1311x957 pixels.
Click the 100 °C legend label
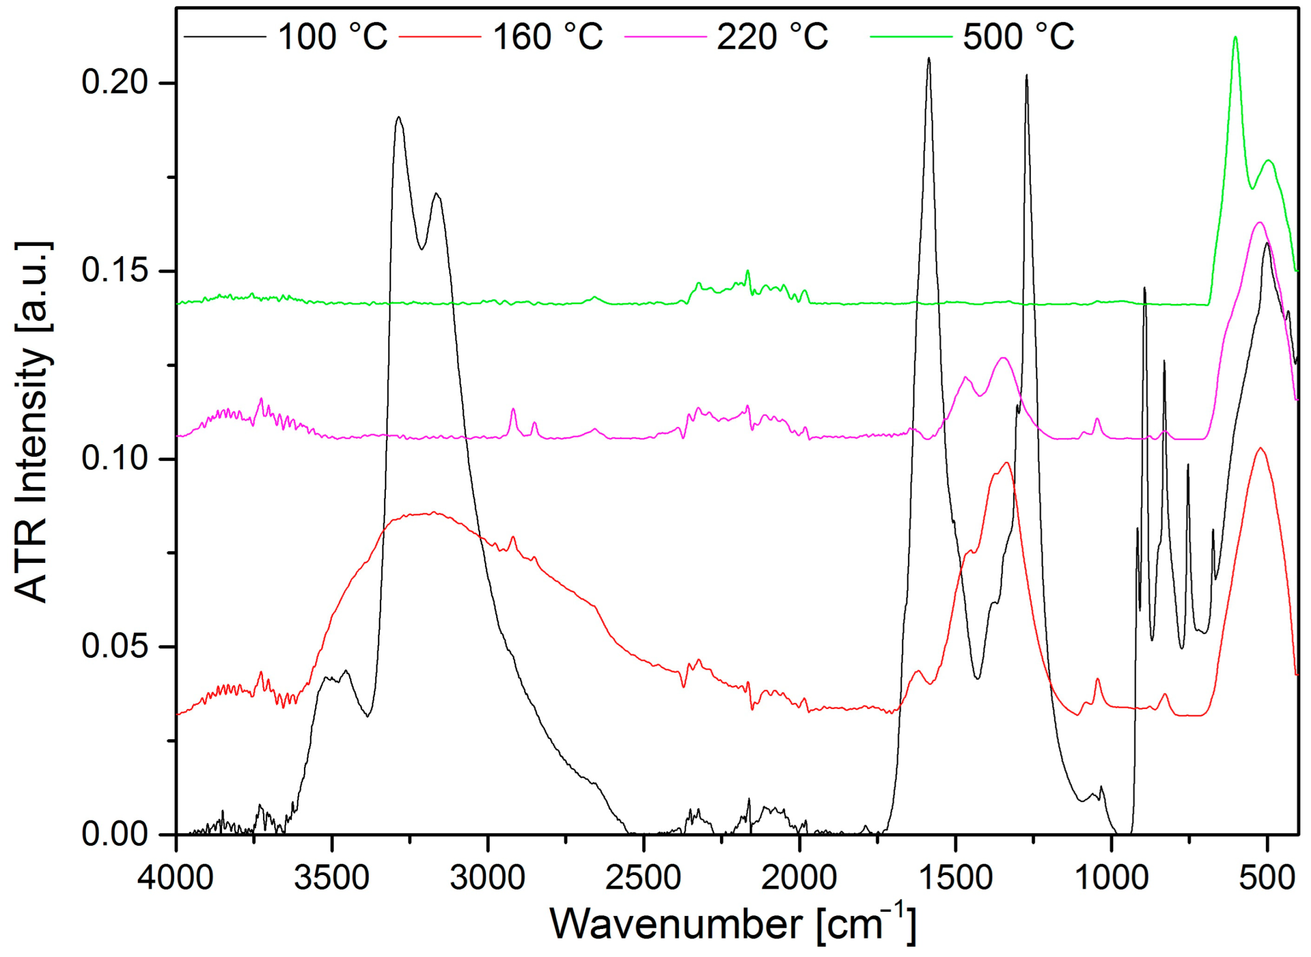pyautogui.click(x=332, y=37)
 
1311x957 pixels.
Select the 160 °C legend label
pyautogui.click(x=547, y=37)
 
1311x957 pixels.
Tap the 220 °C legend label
pyautogui.click(x=772, y=37)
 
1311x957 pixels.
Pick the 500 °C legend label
pyautogui.click(x=1018, y=37)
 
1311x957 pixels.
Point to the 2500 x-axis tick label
pyautogui.click(x=643, y=878)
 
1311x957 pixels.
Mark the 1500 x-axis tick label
pyautogui.click(x=955, y=878)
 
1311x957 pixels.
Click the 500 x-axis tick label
pyautogui.click(x=1267, y=878)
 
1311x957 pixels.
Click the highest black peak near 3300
pyautogui.click(x=398, y=117)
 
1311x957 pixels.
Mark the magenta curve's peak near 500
pyautogui.click(x=1259, y=223)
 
